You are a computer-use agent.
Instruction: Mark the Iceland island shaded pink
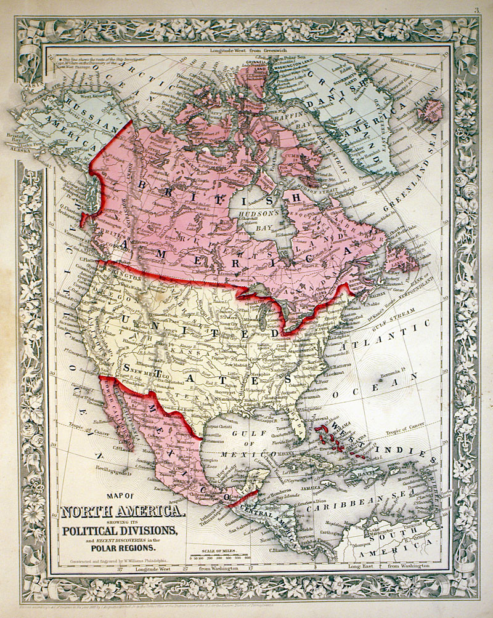coord(430,111)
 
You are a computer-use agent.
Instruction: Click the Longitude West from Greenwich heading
coord(249,50)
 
